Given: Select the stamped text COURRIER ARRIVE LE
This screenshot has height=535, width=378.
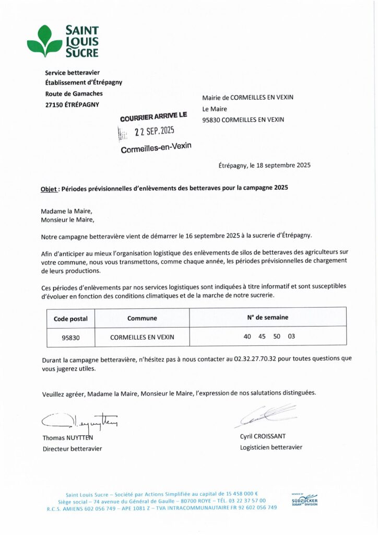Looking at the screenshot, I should pos(153,117).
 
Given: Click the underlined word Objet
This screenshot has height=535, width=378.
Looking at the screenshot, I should pos(49,188).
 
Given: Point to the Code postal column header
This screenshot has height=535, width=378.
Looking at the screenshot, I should pos(70,318).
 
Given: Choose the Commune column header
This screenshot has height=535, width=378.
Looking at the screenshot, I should pos(142,318).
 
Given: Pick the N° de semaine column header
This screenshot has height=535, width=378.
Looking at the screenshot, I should pos(267,317).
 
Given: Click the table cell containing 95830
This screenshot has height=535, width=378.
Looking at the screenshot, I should pos(70,338).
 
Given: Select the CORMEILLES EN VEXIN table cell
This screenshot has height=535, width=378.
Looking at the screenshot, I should pos(142,338).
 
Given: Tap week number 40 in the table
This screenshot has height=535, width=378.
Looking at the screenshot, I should pos(247,336).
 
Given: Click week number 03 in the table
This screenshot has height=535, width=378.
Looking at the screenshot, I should pos(291,336).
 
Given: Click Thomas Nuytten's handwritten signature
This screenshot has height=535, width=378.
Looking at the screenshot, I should pos(78,419).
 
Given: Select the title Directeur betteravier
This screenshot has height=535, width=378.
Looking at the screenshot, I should pos(72,448).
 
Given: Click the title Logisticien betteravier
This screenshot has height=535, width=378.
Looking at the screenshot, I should pos(271,447).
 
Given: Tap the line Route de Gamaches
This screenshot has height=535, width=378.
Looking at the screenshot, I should pos(74,94).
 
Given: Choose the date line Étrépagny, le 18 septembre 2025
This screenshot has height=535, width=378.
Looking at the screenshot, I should pos(264,166).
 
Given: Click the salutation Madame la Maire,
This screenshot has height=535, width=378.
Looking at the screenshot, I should pos(66,211).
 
